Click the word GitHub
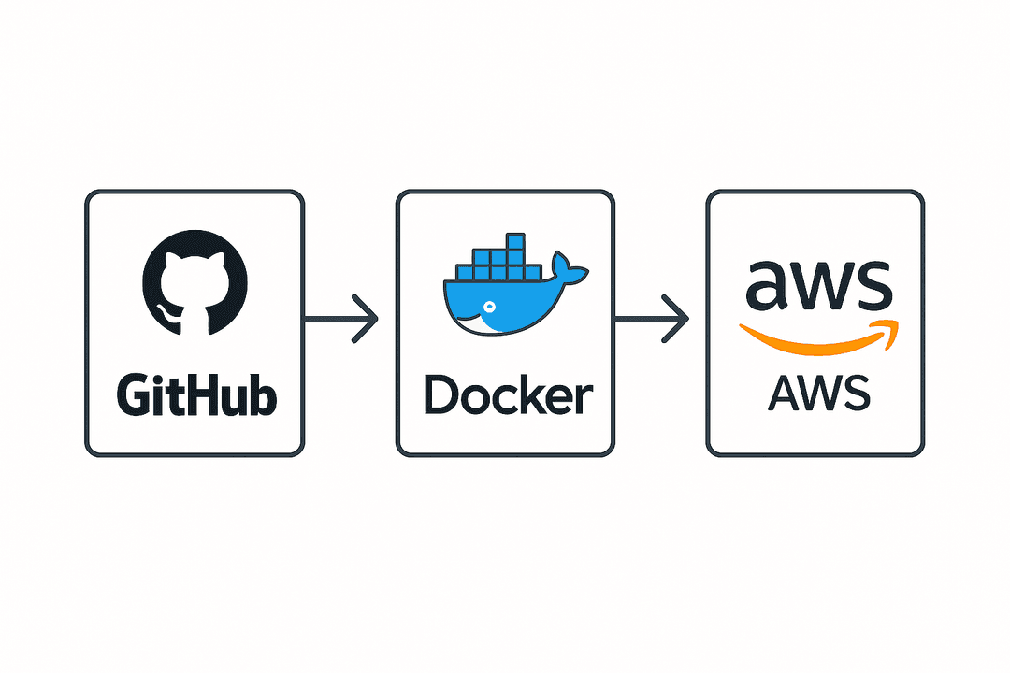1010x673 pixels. [195, 395]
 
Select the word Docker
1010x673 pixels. [507, 396]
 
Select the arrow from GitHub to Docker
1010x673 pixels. [341, 319]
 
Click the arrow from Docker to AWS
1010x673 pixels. [652, 319]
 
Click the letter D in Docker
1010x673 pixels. [440, 396]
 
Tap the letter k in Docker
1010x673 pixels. [540, 395]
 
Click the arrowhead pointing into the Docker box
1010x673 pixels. [368, 319]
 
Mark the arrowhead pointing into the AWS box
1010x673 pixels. [678, 319]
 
